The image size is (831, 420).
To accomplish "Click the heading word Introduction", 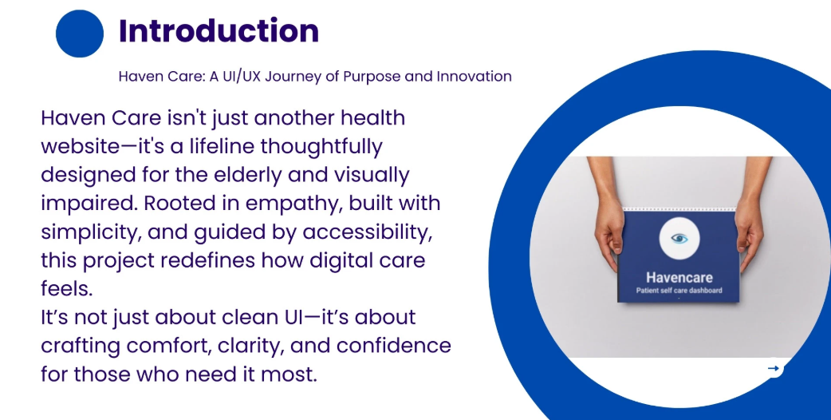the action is (x=219, y=31).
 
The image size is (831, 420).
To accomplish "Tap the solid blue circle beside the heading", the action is (x=80, y=34).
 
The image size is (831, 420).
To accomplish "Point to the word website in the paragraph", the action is (x=81, y=146).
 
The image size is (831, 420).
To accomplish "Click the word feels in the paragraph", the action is (x=67, y=290).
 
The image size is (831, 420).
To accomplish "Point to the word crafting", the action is (x=81, y=347).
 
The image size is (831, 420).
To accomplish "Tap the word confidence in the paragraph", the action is (x=394, y=347).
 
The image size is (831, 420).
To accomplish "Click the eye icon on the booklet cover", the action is (x=679, y=239).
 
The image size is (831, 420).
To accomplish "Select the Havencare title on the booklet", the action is (x=679, y=277).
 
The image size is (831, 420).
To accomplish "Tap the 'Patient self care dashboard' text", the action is (x=679, y=291).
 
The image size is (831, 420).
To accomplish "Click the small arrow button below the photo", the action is (x=774, y=368).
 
